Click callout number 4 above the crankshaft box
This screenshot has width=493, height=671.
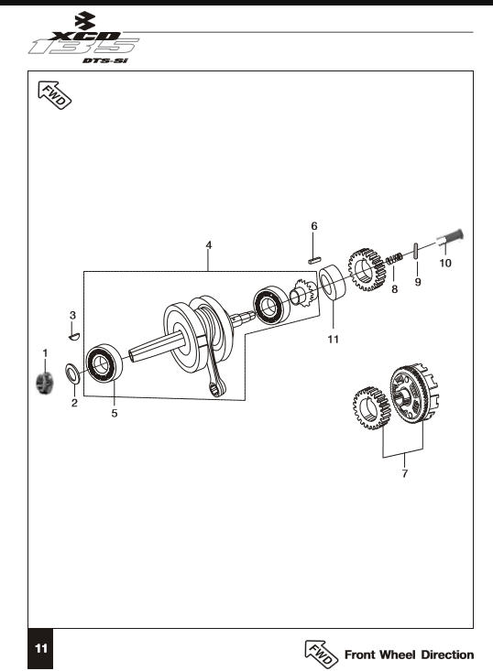click(209, 245)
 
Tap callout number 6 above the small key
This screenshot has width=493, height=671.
click(314, 226)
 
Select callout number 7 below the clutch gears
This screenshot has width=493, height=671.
click(405, 473)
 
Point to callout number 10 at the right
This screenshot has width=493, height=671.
click(445, 263)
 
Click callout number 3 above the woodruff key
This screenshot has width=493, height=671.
click(72, 316)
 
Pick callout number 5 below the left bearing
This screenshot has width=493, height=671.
click(115, 414)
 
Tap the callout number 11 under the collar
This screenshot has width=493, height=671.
click(334, 340)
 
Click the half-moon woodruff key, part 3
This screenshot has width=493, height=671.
click(74, 336)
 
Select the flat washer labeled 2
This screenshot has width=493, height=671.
click(71, 373)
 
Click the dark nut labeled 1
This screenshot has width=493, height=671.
click(45, 382)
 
